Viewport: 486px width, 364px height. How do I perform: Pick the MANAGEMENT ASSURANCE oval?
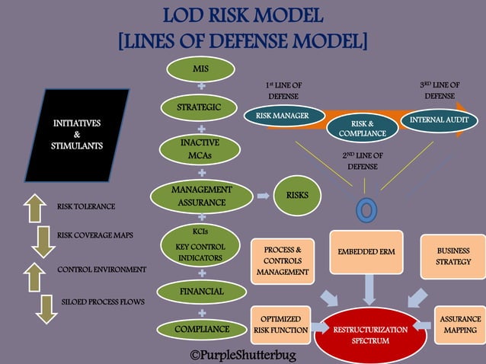pyautogui.click(x=201, y=196)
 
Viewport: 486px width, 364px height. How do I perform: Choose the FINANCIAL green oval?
pyautogui.click(x=201, y=292)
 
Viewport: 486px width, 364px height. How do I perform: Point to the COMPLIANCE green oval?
pyautogui.click(x=201, y=330)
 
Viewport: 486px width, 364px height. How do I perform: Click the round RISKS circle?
pyautogui.click(x=297, y=196)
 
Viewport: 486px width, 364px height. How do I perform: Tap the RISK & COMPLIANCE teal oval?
pyautogui.click(x=361, y=128)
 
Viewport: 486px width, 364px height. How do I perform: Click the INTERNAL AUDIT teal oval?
pyautogui.click(x=439, y=120)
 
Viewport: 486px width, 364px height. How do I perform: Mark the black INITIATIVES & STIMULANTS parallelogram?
pyautogui.click(x=76, y=135)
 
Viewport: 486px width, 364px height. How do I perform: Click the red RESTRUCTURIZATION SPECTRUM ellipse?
pyautogui.click(x=369, y=336)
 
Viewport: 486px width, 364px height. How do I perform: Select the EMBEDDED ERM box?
pyautogui.click(x=366, y=251)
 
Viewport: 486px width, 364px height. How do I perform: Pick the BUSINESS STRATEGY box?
pyautogui.click(x=452, y=257)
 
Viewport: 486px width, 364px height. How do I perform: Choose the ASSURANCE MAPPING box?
pyautogui.click(x=460, y=324)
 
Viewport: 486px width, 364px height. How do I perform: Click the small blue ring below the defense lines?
pyautogui.click(x=366, y=208)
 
